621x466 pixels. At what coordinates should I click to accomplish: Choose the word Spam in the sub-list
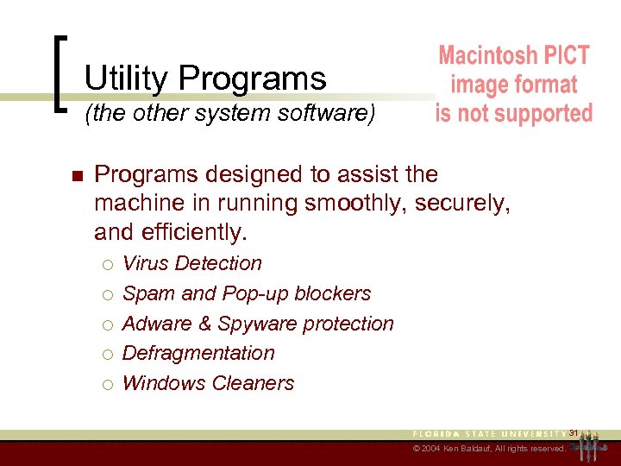pyautogui.click(x=148, y=293)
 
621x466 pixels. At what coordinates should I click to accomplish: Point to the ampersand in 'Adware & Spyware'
pyautogui.click(x=206, y=324)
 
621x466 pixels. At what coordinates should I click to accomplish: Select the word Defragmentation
pyautogui.click(x=198, y=353)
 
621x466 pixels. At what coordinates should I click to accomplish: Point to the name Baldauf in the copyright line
pyautogui.click(x=482, y=450)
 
